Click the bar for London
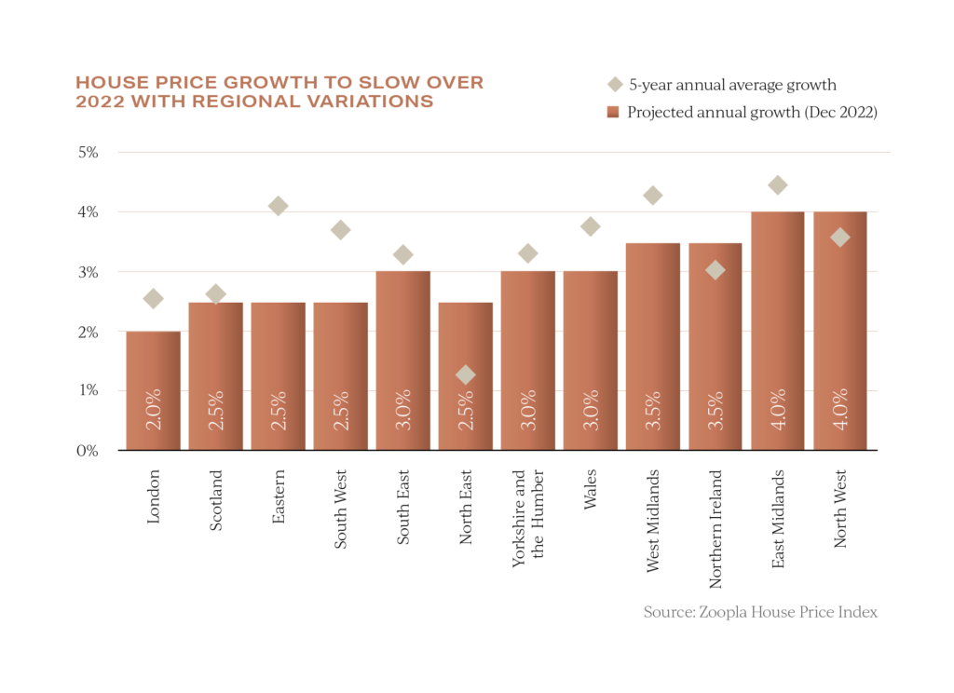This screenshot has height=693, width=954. pyautogui.click(x=154, y=390)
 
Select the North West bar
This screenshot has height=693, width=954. pyautogui.click(x=840, y=331)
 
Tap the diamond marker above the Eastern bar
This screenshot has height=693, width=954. pyautogui.click(x=278, y=207)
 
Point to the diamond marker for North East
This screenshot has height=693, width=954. pyautogui.click(x=465, y=374)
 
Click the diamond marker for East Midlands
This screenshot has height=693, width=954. pyautogui.click(x=778, y=185)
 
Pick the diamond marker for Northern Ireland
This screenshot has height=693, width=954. pyautogui.click(x=715, y=270)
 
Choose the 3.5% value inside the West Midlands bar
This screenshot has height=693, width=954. pyautogui.click(x=653, y=410)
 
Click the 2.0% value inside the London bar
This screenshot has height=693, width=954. pyautogui.click(x=154, y=410)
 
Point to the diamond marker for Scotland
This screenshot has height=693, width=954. pyautogui.click(x=215, y=294)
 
